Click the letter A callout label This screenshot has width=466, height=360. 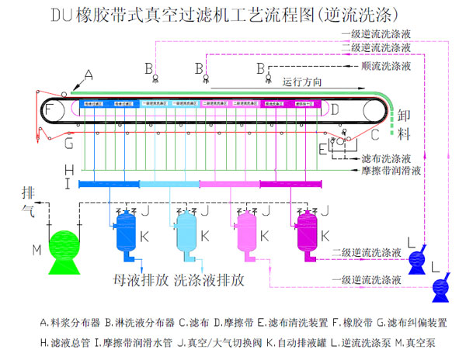89,75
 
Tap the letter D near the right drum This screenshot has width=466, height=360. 335,110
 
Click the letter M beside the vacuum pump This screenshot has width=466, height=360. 36,249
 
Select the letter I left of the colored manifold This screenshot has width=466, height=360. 68,184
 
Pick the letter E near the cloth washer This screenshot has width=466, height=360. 322,147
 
